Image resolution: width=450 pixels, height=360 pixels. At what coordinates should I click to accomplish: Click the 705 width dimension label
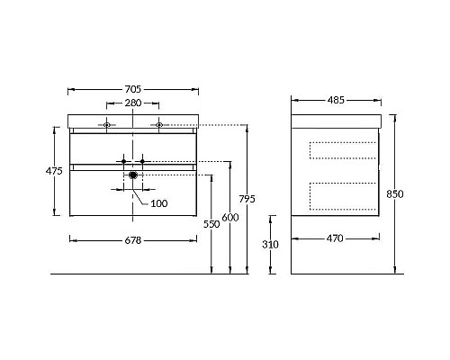133,89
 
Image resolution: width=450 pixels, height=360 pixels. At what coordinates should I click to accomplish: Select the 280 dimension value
133,103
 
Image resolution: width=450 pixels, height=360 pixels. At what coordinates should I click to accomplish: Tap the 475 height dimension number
54,171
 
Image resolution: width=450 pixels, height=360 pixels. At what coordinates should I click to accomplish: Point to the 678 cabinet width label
133,240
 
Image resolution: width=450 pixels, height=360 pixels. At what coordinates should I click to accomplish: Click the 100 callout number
159,203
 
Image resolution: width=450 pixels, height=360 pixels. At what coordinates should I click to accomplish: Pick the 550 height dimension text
211,224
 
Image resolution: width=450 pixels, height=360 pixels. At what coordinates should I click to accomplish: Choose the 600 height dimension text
230,217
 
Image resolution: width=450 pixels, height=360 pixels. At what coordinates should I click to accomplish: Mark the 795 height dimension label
247,199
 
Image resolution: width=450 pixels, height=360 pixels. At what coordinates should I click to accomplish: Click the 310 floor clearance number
270,245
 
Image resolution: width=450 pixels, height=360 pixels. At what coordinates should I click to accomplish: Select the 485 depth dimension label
336,100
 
